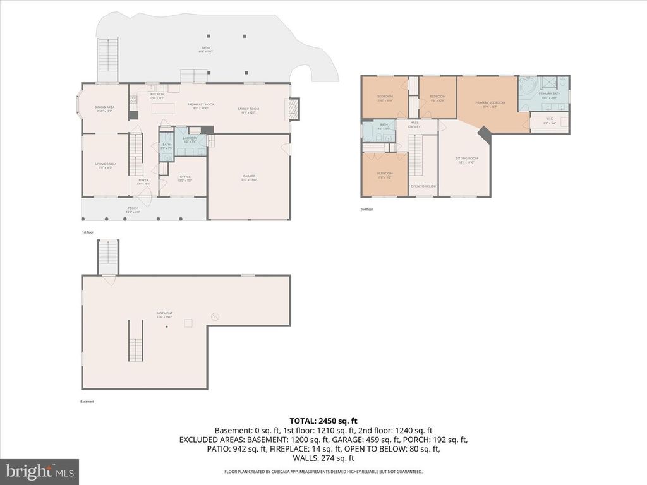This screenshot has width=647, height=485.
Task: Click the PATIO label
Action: pyautogui.click(x=205, y=49)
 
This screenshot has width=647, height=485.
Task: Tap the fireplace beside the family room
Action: pyautogui.click(x=294, y=109)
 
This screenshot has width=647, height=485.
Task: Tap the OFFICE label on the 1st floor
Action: pyautogui.click(x=185, y=178)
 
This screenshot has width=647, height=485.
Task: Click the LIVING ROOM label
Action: pyautogui.click(x=106, y=165)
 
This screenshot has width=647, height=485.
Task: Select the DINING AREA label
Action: pyautogui.click(x=104, y=109)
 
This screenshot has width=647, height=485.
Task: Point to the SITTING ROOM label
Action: pyautogui.click(x=467, y=159)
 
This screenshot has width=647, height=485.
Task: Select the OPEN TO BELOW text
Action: pyautogui.click(x=423, y=186)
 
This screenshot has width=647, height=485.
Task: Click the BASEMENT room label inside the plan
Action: pyautogui.click(x=165, y=314)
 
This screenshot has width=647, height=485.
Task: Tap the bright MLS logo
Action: pyautogui.click(x=39, y=472)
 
